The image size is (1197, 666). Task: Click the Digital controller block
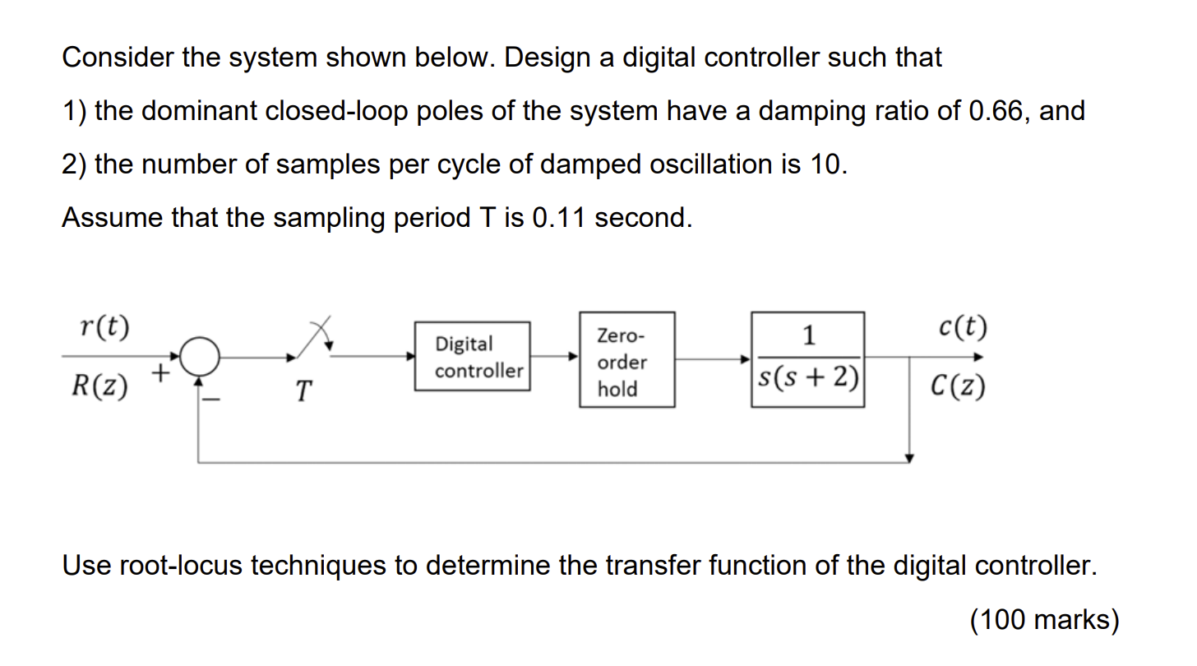[x=472, y=357]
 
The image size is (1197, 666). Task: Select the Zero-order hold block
[x=626, y=360]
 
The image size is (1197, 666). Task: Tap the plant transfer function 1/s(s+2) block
[x=807, y=359]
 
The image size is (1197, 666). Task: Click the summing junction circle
[x=200, y=357]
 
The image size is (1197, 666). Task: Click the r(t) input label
[x=105, y=328]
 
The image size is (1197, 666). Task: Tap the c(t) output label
[x=963, y=327]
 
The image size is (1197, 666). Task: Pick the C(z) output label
[x=959, y=386]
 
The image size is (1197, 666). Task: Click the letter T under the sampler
[x=304, y=391]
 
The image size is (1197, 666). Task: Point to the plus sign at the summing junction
[x=160, y=375]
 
